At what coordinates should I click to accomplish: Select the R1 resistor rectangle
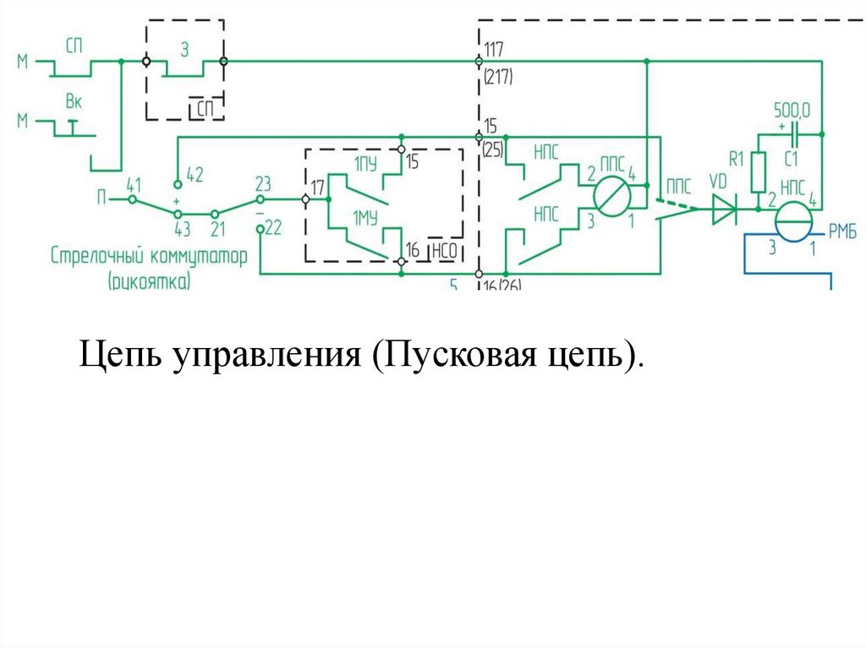758,171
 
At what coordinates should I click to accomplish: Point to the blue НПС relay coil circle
793,222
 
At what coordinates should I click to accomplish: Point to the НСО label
445,250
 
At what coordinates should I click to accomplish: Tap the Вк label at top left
74,101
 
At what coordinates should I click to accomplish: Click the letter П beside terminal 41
101,199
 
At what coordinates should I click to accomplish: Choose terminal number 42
195,175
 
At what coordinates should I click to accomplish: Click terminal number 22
272,227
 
